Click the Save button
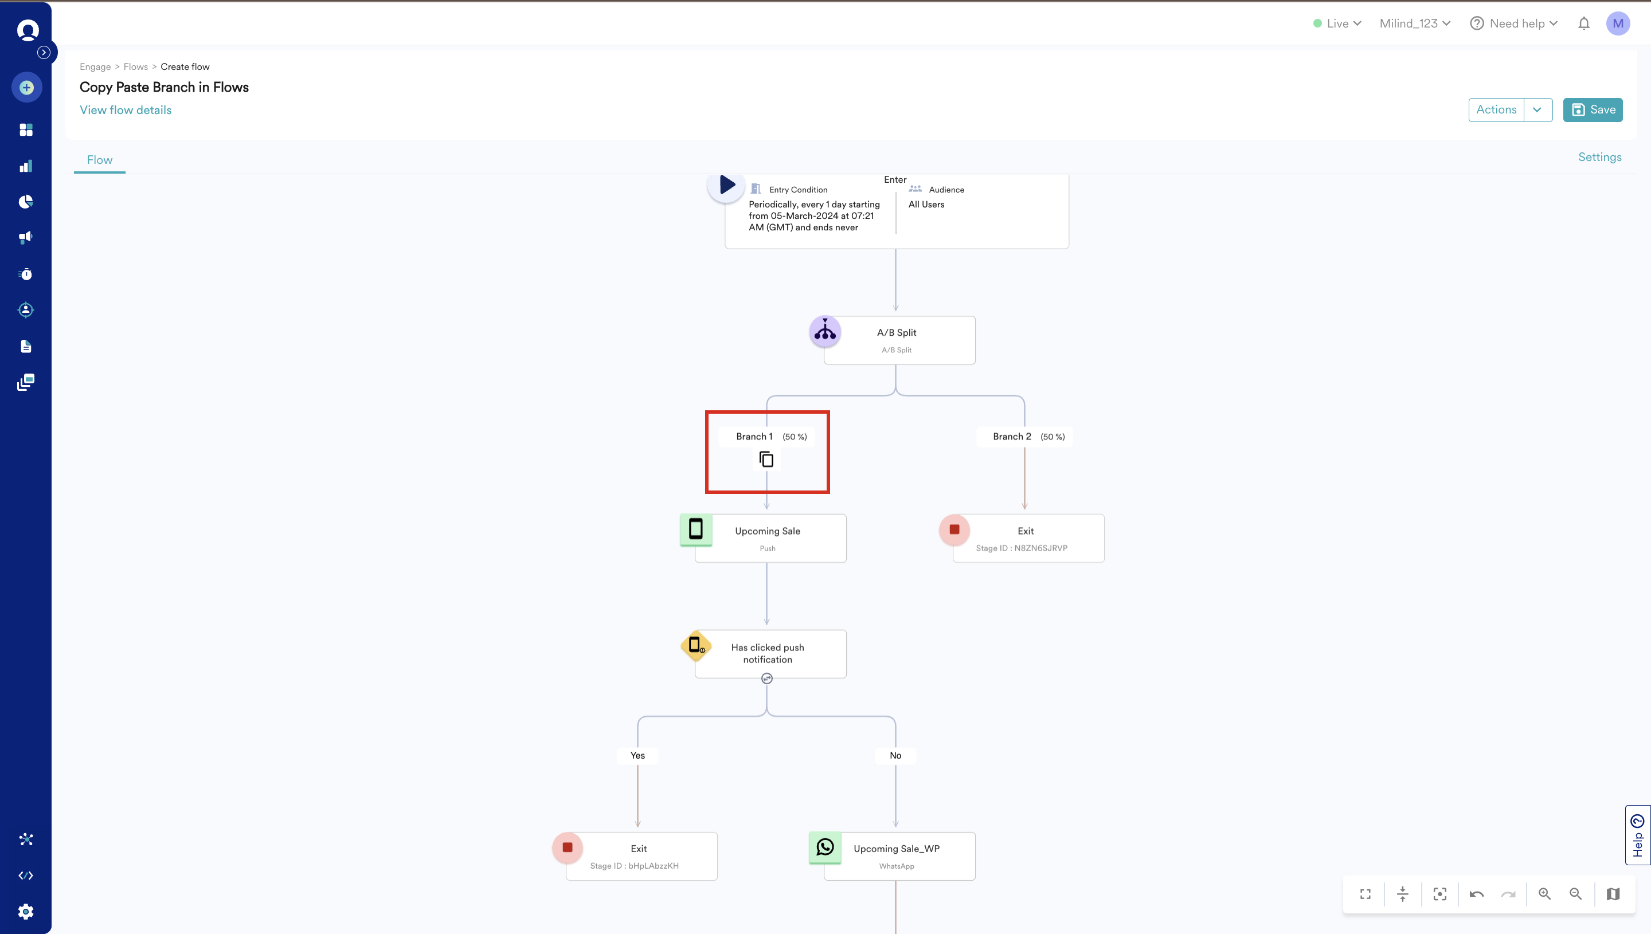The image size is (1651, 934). (1593, 109)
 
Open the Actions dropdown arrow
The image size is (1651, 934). (1537, 109)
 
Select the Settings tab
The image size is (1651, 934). (1599, 157)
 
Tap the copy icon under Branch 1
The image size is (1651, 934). (766, 460)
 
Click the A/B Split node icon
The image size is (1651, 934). (824, 332)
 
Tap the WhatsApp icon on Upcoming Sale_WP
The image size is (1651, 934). (825, 847)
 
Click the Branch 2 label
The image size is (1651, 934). (1012, 436)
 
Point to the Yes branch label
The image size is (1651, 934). (637, 755)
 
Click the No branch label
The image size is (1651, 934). (895, 755)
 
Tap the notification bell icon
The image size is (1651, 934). (1583, 23)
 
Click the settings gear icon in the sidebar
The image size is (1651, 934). (26, 911)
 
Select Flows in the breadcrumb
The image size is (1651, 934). (135, 66)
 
